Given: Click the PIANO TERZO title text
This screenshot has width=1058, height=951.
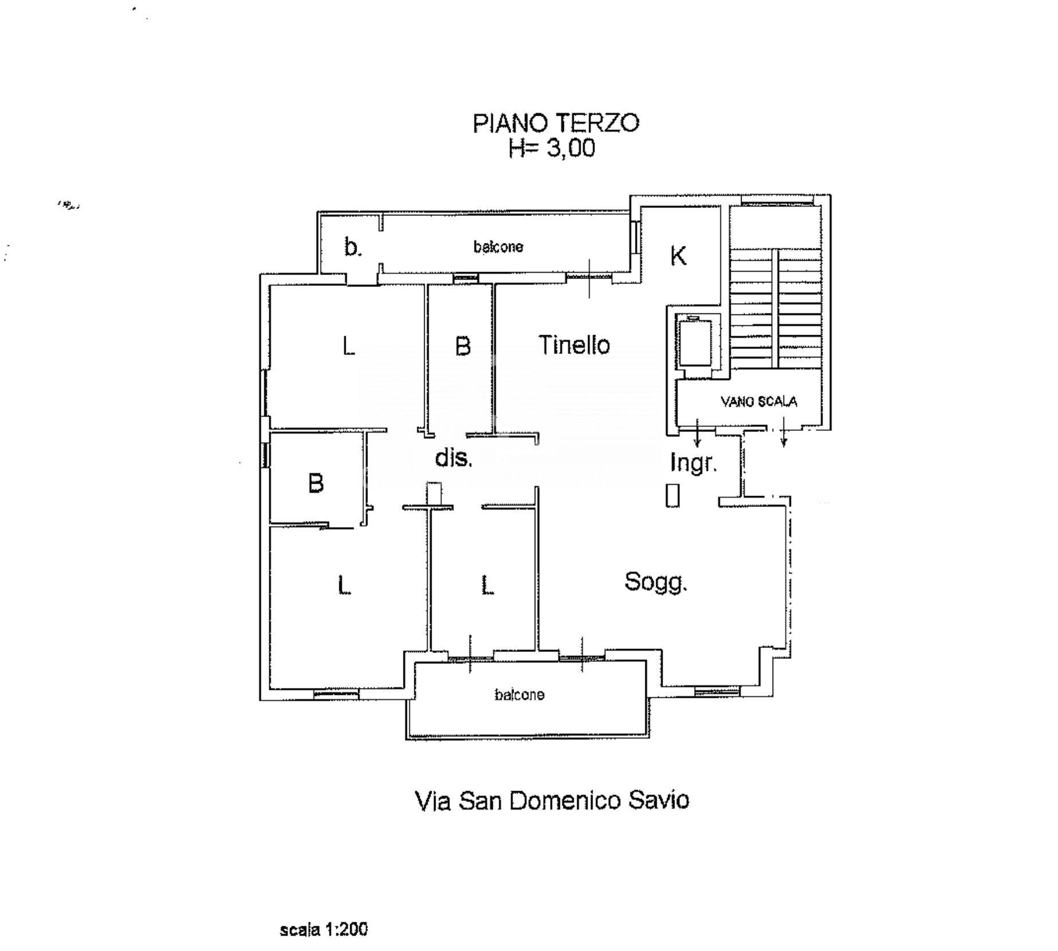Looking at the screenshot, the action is pos(556,123).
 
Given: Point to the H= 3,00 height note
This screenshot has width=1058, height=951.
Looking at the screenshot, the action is pos(552,148).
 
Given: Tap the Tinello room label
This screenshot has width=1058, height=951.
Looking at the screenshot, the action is pos(574,345).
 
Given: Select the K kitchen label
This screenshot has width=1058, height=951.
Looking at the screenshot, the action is pos(679,256).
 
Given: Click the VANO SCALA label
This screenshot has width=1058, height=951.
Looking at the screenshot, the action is pos(759,402).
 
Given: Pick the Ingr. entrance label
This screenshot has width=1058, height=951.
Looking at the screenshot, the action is pos(693,462).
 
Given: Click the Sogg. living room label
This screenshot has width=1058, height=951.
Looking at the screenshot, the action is pos(656,583).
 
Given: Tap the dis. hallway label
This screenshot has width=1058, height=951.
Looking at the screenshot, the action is pos(453,458).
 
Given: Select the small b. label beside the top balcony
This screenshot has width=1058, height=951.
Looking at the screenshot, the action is pos(352,247).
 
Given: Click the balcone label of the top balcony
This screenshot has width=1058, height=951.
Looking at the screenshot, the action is pos(498,247).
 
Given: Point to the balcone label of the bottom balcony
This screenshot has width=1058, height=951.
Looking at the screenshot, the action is pos(519,695).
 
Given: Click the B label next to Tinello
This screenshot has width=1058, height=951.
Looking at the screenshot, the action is pos(463,346).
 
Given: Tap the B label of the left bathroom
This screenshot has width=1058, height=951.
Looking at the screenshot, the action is pos(316,483).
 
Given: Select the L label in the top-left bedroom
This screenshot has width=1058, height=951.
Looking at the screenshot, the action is pos(348,346).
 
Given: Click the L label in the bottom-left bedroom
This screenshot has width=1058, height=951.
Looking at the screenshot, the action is pos(344,585).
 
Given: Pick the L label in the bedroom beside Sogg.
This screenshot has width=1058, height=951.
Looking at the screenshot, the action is pos(487,585).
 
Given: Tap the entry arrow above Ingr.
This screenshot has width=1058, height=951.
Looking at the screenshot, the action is pos(697,433).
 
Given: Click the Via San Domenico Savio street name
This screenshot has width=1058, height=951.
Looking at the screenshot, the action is pos(551,800).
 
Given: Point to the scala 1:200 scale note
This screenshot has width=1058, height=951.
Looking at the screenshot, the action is pos(324,929).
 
